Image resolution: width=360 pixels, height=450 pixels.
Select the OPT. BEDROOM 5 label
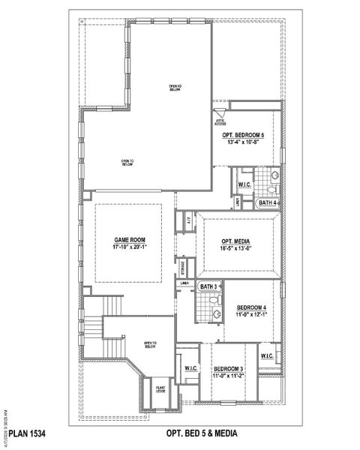(250, 133)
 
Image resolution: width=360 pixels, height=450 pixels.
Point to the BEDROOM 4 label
(251, 308)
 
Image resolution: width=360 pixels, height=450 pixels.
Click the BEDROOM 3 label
(226, 369)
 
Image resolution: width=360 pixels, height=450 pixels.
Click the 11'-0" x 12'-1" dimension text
(251, 316)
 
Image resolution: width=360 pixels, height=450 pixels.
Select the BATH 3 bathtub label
(208, 286)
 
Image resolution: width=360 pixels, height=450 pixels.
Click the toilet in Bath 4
(274, 177)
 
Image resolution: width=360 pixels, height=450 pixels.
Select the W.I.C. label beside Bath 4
(244, 184)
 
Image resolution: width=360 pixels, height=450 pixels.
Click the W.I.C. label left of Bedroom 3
(190, 368)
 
